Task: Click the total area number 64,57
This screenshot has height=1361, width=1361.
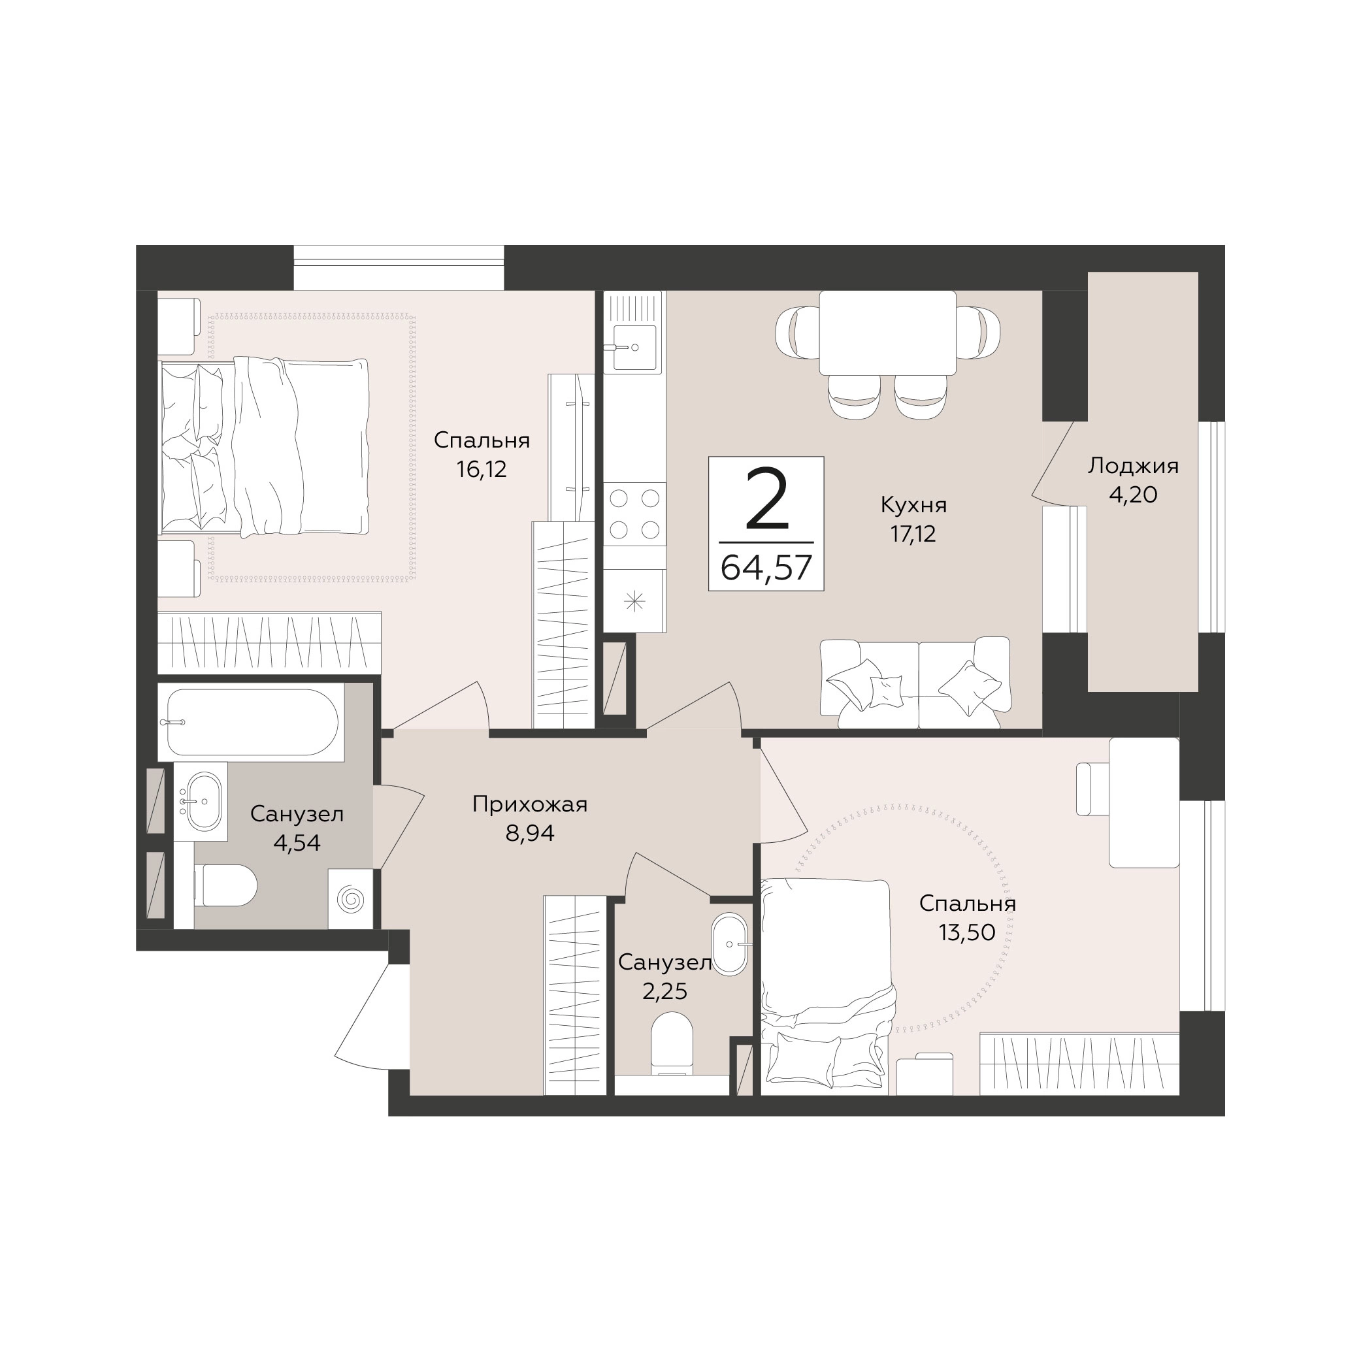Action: click(x=766, y=567)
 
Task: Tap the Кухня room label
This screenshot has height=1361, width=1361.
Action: click(x=913, y=505)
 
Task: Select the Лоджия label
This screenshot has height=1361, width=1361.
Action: click(x=1133, y=466)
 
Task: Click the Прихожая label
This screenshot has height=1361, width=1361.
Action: click(x=530, y=804)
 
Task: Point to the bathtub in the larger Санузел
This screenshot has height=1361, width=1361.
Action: click(x=252, y=722)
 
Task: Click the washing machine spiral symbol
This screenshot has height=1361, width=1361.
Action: click(x=350, y=900)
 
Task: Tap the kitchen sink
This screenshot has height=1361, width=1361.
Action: click(x=634, y=346)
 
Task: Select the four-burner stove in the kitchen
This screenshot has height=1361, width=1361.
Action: click(x=634, y=514)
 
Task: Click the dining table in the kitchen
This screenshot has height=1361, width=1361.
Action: click(x=887, y=333)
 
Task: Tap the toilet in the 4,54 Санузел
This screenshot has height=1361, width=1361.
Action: click(x=225, y=885)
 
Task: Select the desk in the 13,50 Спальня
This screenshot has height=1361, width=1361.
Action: click(x=1144, y=802)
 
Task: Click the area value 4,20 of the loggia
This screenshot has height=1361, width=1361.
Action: click(x=1133, y=495)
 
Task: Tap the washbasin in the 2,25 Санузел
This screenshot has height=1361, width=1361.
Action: click(x=730, y=944)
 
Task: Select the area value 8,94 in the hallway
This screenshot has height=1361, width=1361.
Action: click(x=530, y=833)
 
